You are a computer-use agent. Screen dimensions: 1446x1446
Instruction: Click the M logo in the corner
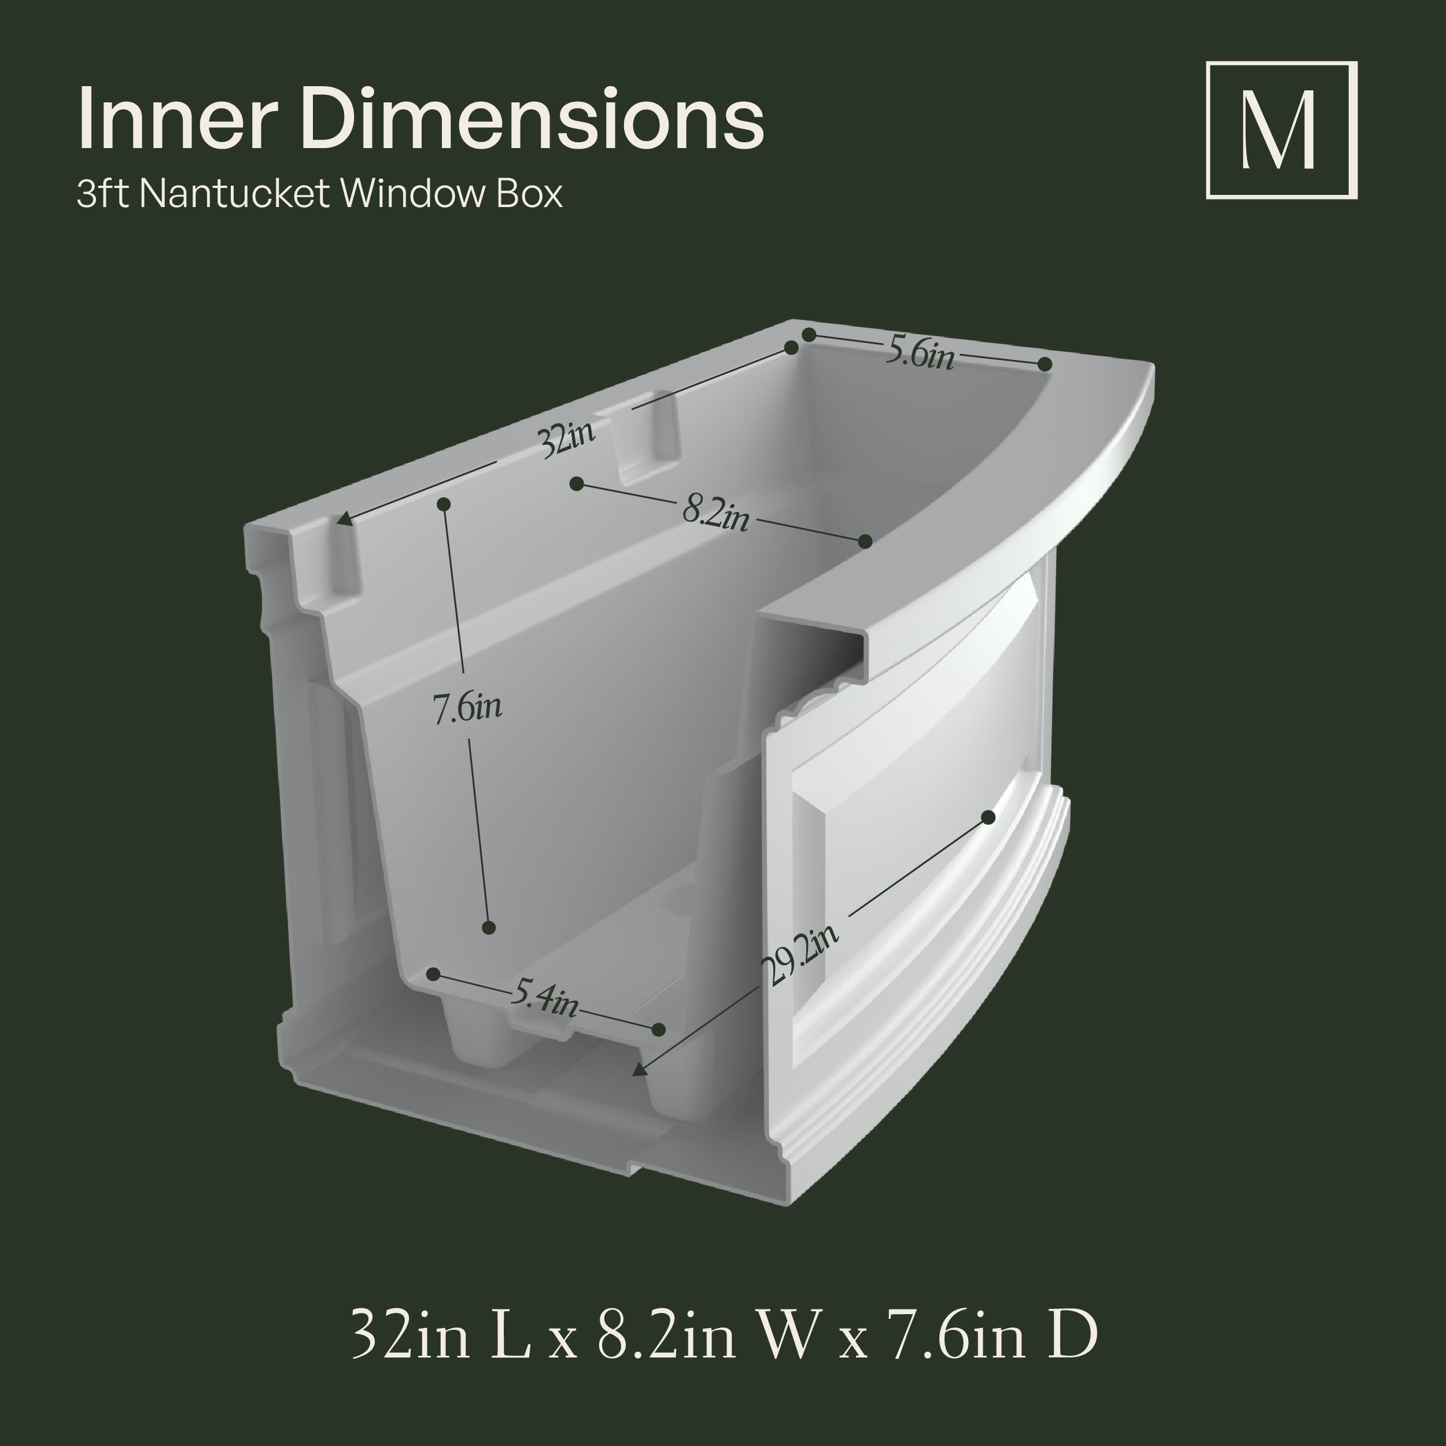pos(1281,130)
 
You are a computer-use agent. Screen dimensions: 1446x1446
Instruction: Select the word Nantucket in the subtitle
pos(234,194)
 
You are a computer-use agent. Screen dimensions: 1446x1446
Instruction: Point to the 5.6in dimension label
pos(920,351)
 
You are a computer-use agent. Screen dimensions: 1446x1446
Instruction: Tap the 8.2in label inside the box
pos(715,514)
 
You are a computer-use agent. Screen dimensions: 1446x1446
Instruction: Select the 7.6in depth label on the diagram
pos(467,707)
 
